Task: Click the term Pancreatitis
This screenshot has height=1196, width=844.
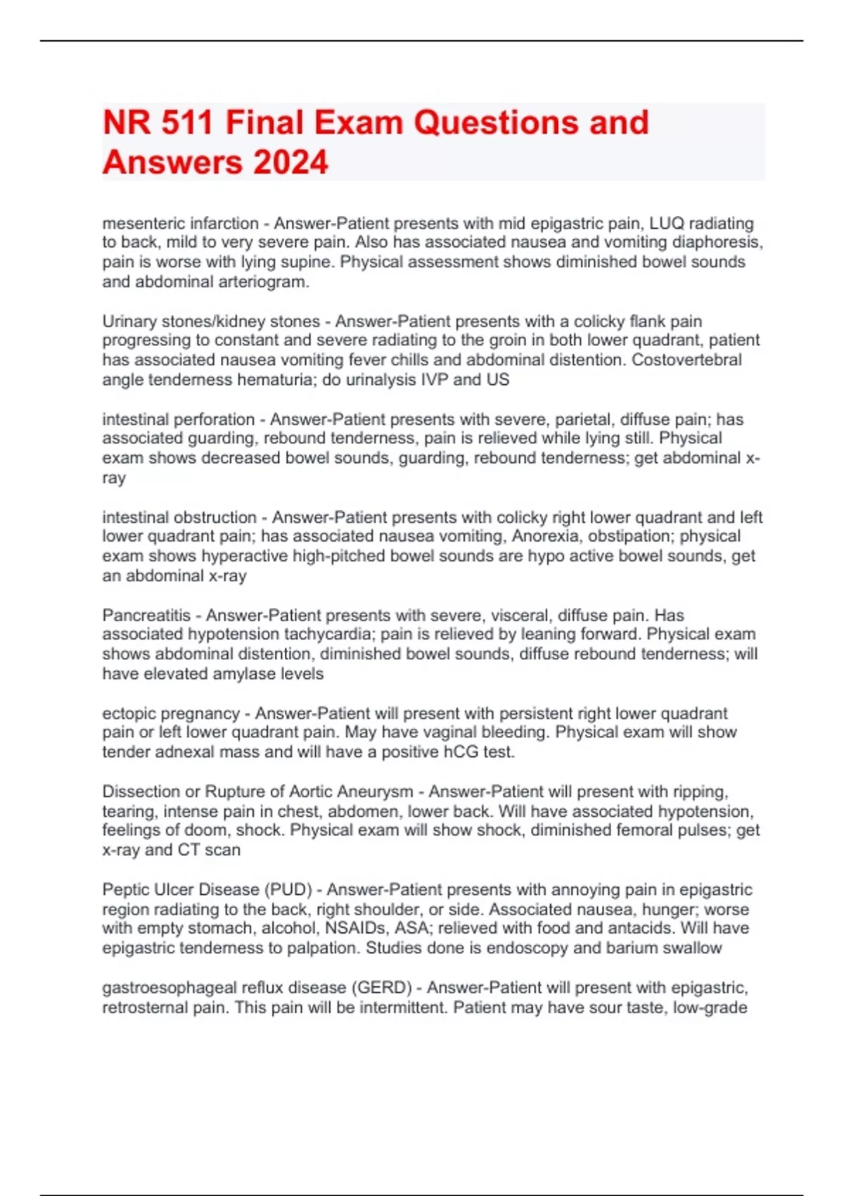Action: (146, 616)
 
